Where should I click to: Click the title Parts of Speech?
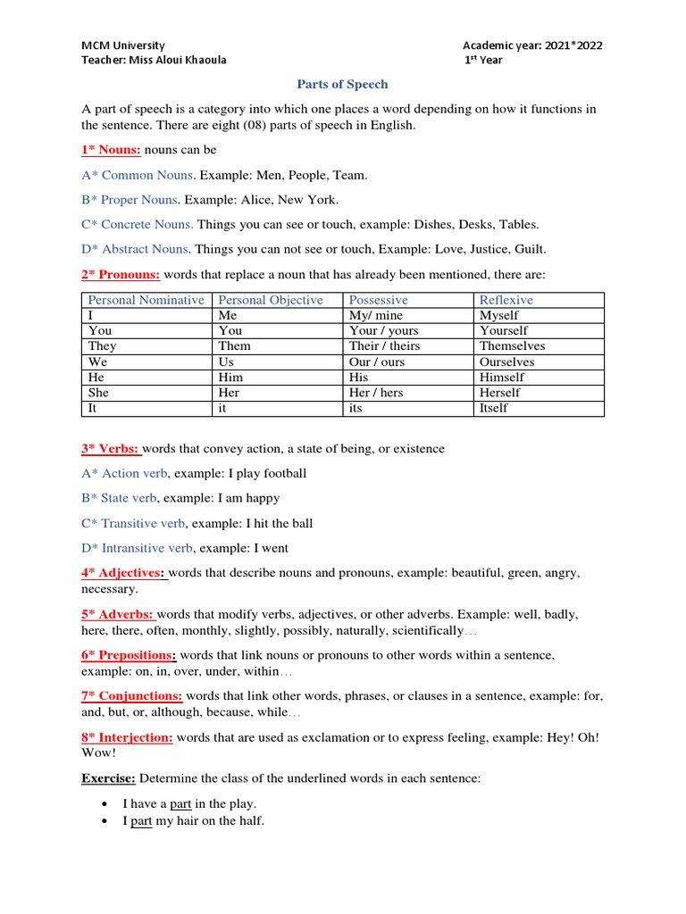342,84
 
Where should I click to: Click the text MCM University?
123,46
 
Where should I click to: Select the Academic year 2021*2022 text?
538,46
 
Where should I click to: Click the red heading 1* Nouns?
111,150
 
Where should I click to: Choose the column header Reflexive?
506,300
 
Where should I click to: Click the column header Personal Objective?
271,300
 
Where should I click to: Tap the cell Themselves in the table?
512,345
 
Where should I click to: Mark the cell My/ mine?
376,315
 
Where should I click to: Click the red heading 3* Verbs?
111,448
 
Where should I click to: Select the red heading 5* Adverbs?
118,614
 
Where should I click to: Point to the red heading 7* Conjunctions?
131,695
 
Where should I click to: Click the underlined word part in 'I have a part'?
181,804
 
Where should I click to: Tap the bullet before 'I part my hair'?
105,821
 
